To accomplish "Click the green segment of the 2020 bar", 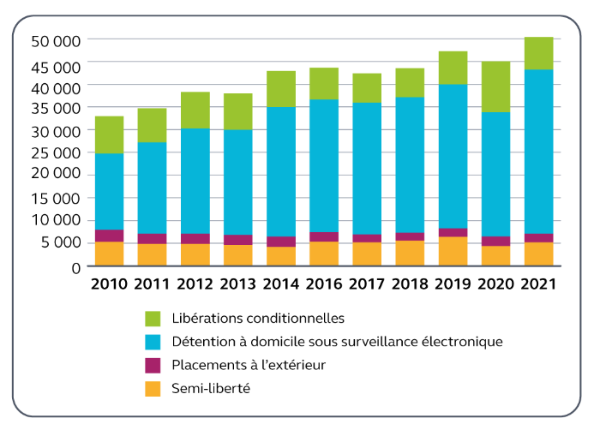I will click(495, 87).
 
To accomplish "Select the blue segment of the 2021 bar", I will click(538, 151).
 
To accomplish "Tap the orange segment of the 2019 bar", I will click(453, 251).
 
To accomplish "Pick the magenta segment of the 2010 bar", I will click(109, 236).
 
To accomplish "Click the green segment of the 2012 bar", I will click(195, 110).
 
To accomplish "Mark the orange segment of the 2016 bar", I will click(324, 254).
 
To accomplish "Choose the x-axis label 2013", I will click(238, 284).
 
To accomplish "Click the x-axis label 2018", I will click(410, 284).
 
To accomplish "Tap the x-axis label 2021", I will click(538, 284).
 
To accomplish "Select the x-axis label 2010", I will click(109, 284).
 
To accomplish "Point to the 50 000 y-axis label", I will click(56, 40).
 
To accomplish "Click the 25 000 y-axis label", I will click(56, 152).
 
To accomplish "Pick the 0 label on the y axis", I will click(75, 267).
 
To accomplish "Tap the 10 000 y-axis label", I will click(56, 220).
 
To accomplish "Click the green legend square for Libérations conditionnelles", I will click(153, 318).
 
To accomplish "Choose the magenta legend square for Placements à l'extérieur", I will click(153, 366).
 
